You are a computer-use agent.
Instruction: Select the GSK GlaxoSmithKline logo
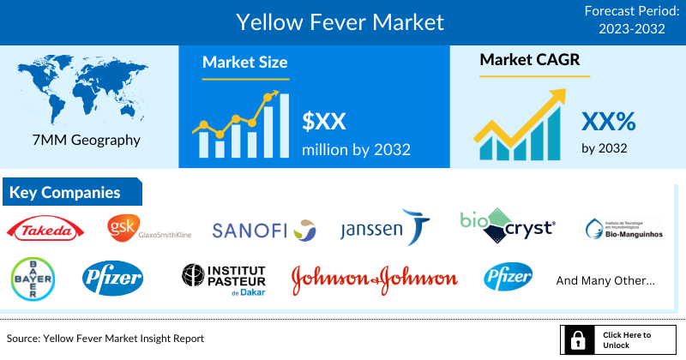(148, 228)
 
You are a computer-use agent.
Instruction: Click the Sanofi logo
(264, 230)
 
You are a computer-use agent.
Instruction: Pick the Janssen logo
(384, 228)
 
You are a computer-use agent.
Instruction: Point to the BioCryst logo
(507, 225)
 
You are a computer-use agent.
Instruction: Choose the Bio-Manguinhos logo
(623, 229)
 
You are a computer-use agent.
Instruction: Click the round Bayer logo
(33, 279)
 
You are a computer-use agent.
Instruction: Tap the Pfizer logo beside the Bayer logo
(113, 278)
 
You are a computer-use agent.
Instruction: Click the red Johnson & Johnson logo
(374, 279)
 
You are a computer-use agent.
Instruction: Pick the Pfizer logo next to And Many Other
(508, 278)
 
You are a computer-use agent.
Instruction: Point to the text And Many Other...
(605, 280)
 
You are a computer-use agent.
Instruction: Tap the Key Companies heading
(65, 193)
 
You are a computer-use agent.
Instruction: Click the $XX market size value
(323, 121)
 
